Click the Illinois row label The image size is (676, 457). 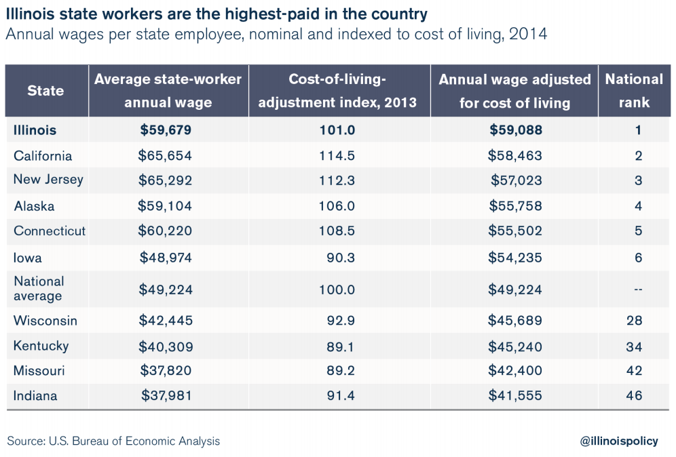point(35,130)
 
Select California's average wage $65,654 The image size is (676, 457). point(165,155)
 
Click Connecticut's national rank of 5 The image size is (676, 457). point(638,231)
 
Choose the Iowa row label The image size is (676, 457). point(28,258)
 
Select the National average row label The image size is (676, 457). point(39,289)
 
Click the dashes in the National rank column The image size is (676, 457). point(638,290)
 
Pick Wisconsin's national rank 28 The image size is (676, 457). point(635,321)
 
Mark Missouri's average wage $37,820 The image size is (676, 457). point(166,371)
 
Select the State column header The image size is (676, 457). point(45,91)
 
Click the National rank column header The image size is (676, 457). point(634,91)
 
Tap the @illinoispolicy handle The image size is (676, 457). point(619,441)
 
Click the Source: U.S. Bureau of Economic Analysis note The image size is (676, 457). point(113,441)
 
